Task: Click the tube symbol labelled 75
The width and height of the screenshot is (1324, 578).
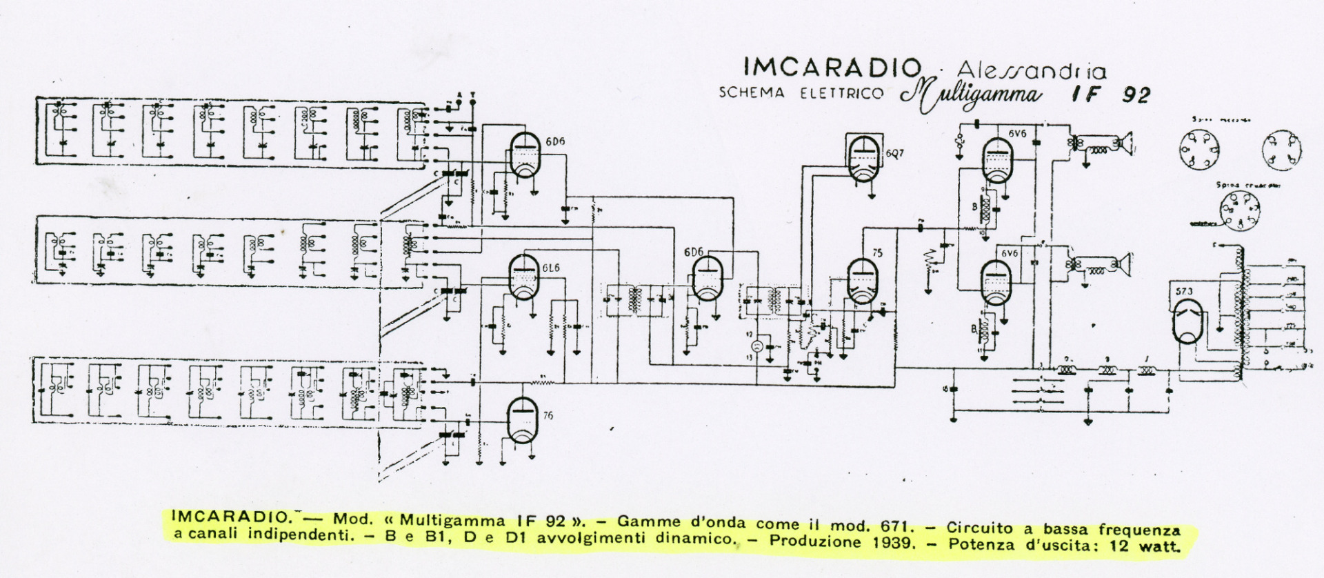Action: click(x=862, y=281)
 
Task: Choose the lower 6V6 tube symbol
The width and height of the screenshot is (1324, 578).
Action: click(x=996, y=282)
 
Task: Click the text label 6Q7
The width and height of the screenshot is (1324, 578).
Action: click(x=894, y=153)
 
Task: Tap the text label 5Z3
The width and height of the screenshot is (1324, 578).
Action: click(x=1183, y=291)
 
